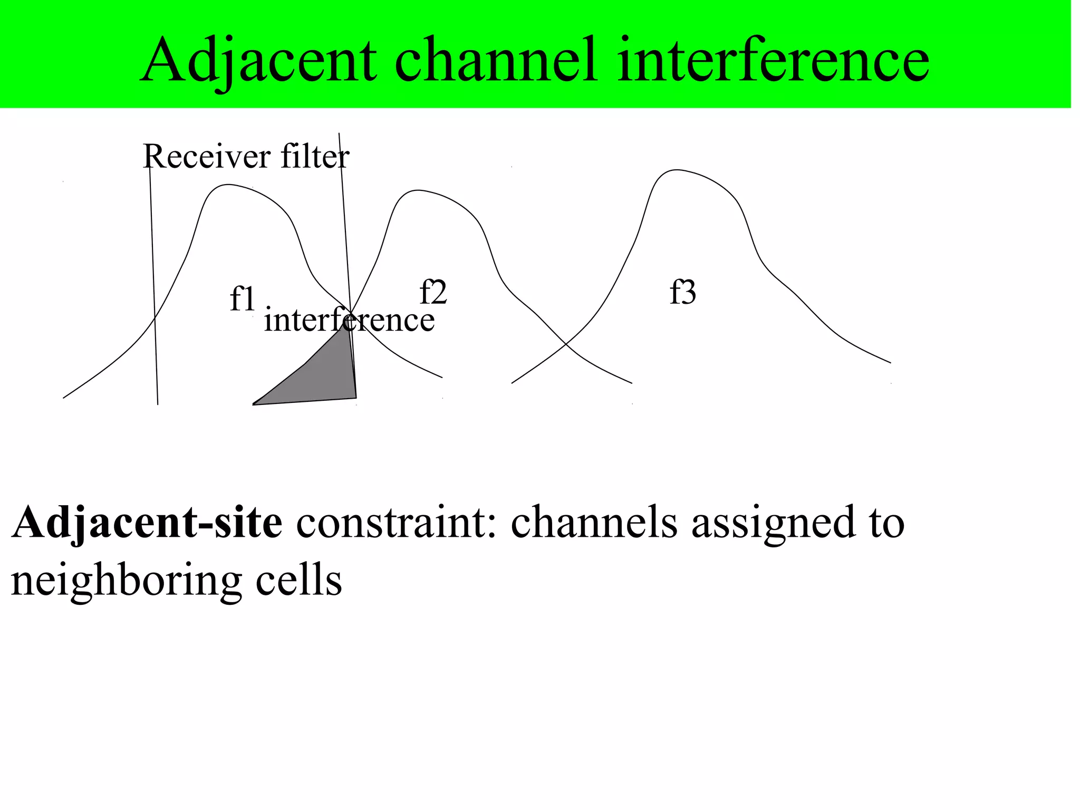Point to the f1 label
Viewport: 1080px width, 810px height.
243,298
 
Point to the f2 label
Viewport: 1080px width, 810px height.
433,292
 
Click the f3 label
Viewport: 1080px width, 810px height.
683,292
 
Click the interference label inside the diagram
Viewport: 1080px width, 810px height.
349,320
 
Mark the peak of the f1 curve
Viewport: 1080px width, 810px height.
228,185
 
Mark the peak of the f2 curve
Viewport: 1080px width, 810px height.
418,190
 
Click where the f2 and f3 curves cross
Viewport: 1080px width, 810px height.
566,344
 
